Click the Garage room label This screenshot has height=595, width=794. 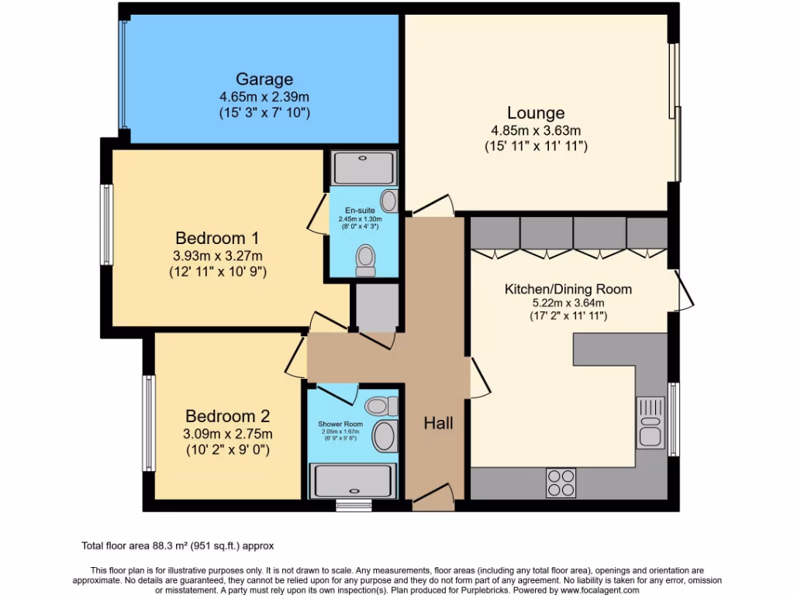[x=264, y=79]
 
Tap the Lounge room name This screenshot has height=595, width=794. [x=536, y=113]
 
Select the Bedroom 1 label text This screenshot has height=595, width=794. [x=217, y=238]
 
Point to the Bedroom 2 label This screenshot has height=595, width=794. [x=227, y=416]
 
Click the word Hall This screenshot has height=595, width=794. [x=438, y=423]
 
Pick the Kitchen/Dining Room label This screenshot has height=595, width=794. [x=568, y=289]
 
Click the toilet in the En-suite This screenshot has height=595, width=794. [x=364, y=260]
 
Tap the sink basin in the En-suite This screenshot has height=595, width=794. [x=389, y=201]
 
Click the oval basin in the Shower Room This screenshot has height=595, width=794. [x=385, y=436]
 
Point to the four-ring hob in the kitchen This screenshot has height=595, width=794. [x=561, y=483]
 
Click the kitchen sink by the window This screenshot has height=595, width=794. [x=650, y=422]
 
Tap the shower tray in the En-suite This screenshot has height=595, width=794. [x=364, y=167]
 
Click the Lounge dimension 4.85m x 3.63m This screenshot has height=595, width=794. [x=536, y=130]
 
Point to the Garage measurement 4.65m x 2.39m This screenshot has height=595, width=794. [x=264, y=97]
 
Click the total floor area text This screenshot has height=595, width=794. [x=178, y=545]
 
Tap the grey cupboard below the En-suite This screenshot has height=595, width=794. [x=377, y=305]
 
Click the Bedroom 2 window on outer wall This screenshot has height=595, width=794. [x=148, y=423]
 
